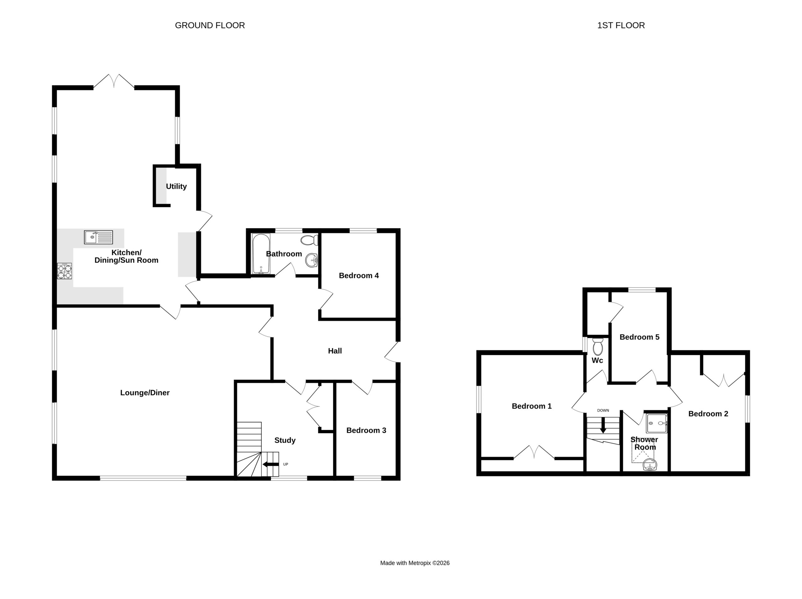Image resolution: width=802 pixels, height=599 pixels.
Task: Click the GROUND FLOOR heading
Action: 210,25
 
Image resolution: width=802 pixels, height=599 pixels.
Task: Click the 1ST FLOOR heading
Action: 621,25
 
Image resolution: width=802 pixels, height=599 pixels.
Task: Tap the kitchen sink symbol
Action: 98,237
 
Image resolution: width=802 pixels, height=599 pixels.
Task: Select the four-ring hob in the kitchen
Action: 65,271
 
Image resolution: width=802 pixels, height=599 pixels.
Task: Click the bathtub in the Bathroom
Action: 261,253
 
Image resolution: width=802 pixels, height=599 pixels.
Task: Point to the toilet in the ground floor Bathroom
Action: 309,240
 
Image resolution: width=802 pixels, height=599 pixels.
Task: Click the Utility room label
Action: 176,186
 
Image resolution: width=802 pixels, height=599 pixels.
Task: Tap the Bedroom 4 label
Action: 359,276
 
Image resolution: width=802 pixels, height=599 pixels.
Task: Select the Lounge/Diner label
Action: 145,393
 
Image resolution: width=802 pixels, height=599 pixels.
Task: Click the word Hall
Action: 335,351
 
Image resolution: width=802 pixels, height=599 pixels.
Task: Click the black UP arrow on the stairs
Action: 270,464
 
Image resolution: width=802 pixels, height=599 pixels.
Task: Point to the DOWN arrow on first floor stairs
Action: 603,425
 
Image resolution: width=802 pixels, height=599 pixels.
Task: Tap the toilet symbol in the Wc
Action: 597,347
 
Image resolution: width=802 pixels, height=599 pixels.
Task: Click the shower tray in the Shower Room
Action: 657,424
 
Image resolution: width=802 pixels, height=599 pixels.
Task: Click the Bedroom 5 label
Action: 639,337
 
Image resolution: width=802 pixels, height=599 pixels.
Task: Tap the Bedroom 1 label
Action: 532,406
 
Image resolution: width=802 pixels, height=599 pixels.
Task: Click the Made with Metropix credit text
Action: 415,563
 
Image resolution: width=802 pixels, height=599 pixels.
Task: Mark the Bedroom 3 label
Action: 366,430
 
